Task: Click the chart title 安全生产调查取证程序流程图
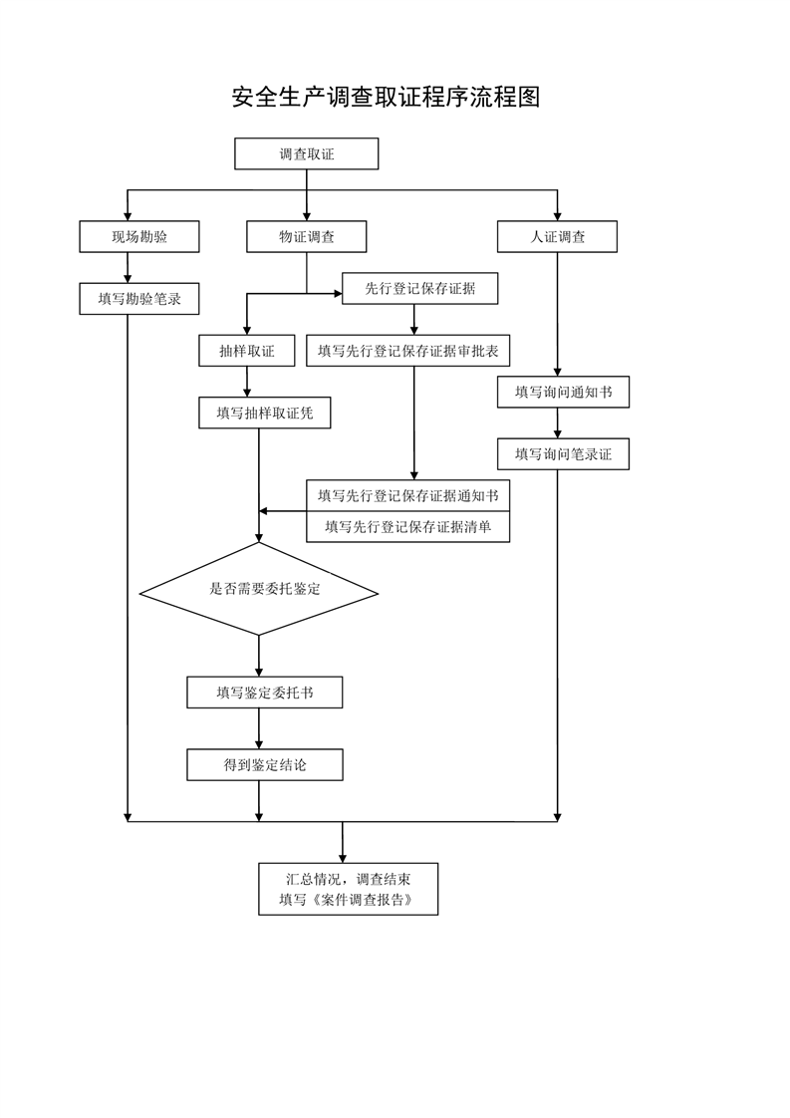(x=386, y=97)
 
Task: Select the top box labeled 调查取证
(x=307, y=154)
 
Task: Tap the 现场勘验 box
(x=139, y=237)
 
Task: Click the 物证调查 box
(x=307, y=237)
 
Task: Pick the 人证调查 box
(x=557, y=237)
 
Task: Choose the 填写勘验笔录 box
(x=139, y=299)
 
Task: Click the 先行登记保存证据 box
(x=420, y=289)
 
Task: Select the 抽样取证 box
(x=247, y=351)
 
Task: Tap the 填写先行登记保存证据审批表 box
(x=407, y=351)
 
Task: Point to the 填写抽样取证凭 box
(x=265, y=413)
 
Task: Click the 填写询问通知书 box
(x=563, y=393)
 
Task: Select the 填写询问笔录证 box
(x=563, y=454)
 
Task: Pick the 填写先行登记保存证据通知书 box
(x=407, y=495)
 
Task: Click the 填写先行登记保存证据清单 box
(x=407, y=527)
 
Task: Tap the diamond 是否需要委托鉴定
(x=259, y=589)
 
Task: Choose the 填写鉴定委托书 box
(x=265, y=693)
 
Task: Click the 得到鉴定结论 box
(x=265, y=765)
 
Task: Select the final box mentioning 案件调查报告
(x=348, y=889)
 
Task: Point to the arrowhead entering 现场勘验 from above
(x=128, y=215)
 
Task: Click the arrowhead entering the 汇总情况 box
(x=343, y=859)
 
